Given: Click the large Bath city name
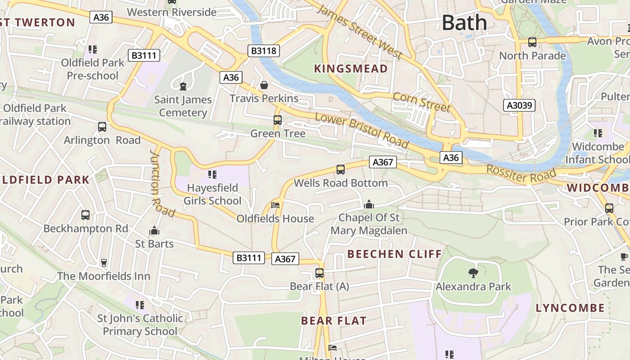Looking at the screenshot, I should (464, 22).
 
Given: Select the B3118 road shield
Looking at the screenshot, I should (264, 51).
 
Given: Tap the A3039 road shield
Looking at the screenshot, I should (519, 106).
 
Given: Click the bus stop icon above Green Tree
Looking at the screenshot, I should (278, 120).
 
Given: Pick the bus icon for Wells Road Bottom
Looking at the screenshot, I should (341, 170).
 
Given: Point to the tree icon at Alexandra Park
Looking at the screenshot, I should (473, 272).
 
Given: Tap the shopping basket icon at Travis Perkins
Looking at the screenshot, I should (264, 85).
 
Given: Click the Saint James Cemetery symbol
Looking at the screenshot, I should (183, 86).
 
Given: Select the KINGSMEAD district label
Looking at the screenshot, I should (351, 69).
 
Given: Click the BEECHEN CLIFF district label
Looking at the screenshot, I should (395, 254).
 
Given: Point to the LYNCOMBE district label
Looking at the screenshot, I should (570, 308).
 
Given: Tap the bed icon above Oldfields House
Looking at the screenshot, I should (275, 205).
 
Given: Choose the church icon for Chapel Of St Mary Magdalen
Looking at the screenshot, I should (369, 205).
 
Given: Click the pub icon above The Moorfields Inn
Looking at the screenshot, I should (104, 262).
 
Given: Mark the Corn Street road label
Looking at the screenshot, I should (422, 102).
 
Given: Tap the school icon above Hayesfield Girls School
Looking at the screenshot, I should (212, 174).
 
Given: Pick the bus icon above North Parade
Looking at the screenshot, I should (532, 42).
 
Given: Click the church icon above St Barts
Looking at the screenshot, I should (154, 231).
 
